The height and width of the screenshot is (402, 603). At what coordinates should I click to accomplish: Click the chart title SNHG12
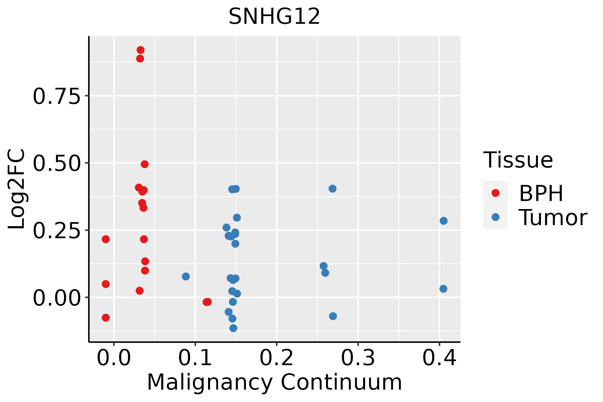[x=274, y=16]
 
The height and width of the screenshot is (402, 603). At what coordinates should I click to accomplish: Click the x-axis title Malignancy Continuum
[x=274, y=382]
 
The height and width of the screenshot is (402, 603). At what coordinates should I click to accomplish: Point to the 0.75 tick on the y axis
[x=57, y=96]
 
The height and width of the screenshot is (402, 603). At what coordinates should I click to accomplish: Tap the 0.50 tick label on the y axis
[x=57, y=163]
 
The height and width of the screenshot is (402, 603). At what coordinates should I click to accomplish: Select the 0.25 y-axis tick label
[x=57, y=231]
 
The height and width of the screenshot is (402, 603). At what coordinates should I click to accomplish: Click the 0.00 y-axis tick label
[x=57, y=298]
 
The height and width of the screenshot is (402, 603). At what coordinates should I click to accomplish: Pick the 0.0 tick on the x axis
[x=114, y=358]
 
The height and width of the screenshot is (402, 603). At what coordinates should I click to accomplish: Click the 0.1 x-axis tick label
[x=195, y=358]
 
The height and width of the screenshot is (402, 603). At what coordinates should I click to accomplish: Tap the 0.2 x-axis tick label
[x=277, y=358]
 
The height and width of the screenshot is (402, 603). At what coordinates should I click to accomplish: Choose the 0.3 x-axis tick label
[x=358, y=358]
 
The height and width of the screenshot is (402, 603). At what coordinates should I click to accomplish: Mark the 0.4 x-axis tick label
[x=439, y=358]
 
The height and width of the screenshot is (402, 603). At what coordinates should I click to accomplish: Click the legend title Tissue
[x=518, y=160]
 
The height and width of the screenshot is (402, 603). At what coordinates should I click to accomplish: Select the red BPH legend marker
[x=495, y=193]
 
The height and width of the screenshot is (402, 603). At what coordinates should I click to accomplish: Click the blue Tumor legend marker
[x=495, y=217]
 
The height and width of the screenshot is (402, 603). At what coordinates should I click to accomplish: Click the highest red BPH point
[x=141, y=50]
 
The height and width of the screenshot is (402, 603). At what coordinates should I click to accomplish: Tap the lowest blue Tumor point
[x=233, y=328]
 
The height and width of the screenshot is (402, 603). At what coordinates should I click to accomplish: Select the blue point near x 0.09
[x=186, y=276]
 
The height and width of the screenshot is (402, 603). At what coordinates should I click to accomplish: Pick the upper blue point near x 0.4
[x=444, y=221]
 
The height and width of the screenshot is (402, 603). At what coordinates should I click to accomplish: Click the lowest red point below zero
[x=106, y=318]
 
